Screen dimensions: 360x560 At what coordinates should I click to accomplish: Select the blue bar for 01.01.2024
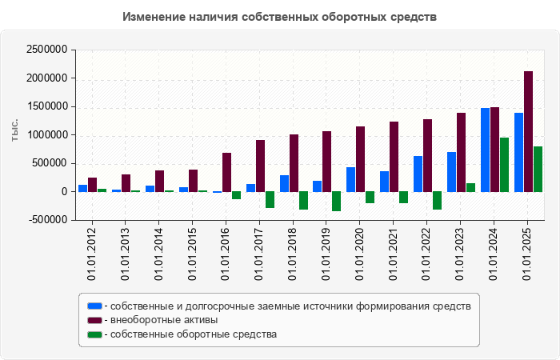[485, 150]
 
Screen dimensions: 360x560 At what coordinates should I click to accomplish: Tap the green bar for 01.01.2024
[504, 164]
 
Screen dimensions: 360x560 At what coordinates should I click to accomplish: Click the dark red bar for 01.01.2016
[227, 172]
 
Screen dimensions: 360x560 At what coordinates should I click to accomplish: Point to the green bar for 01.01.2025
[538, 169]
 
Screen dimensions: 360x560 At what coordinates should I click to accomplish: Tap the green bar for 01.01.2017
[270, 199]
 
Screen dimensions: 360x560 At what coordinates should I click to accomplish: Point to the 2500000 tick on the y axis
[47, 50]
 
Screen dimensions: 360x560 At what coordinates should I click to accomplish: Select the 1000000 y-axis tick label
[47, 135]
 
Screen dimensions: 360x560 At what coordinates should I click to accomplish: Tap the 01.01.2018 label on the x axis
[294, 253]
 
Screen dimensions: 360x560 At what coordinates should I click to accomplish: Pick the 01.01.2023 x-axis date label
[461, 253]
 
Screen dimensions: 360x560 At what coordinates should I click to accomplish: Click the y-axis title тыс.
[14, 130]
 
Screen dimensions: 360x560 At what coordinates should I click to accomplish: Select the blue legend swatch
[94, 306]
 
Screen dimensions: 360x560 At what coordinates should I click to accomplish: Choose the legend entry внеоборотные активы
[165, 320]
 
